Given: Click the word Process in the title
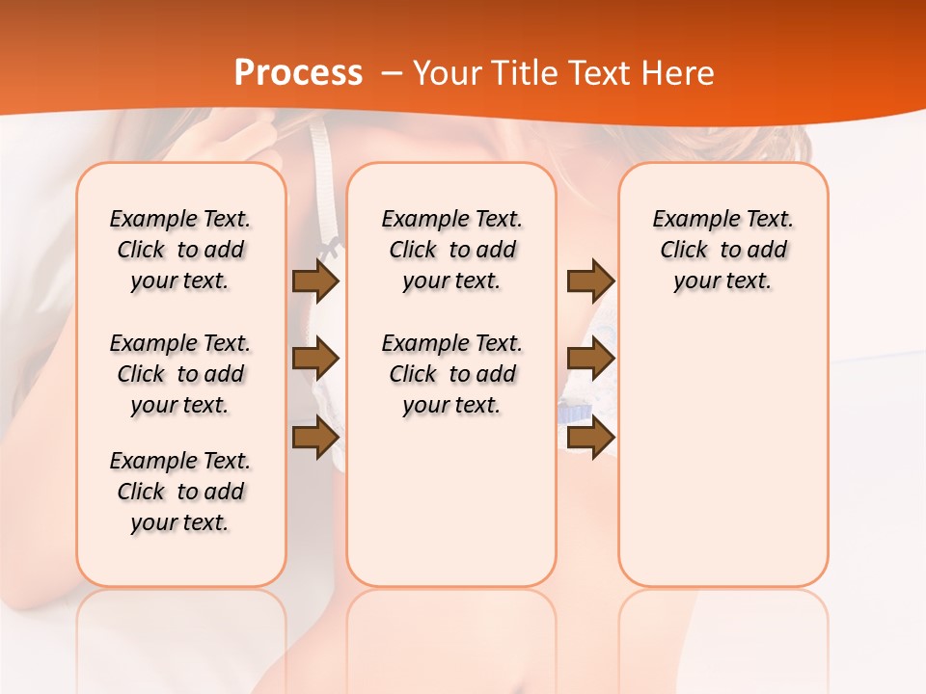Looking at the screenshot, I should (298, 73).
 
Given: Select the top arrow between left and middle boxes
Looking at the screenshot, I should (315, 280).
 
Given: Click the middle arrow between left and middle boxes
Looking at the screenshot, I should (315, 359).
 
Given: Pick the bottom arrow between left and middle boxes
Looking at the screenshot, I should (315, 437).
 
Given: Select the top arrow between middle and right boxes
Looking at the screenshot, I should (589, 280).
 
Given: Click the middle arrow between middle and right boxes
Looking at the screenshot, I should (589, 359).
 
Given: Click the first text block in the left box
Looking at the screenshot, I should (180, 250).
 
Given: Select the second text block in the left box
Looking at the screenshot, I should (180, 374).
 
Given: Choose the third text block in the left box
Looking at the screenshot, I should (180, 492).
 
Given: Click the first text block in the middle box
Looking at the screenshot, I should (451, 250).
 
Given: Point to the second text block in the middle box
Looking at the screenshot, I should (451, 374).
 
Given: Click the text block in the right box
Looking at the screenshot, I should (722, 250).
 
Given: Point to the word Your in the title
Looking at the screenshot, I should (443, 73).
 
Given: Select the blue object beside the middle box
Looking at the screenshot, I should (573, 412).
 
